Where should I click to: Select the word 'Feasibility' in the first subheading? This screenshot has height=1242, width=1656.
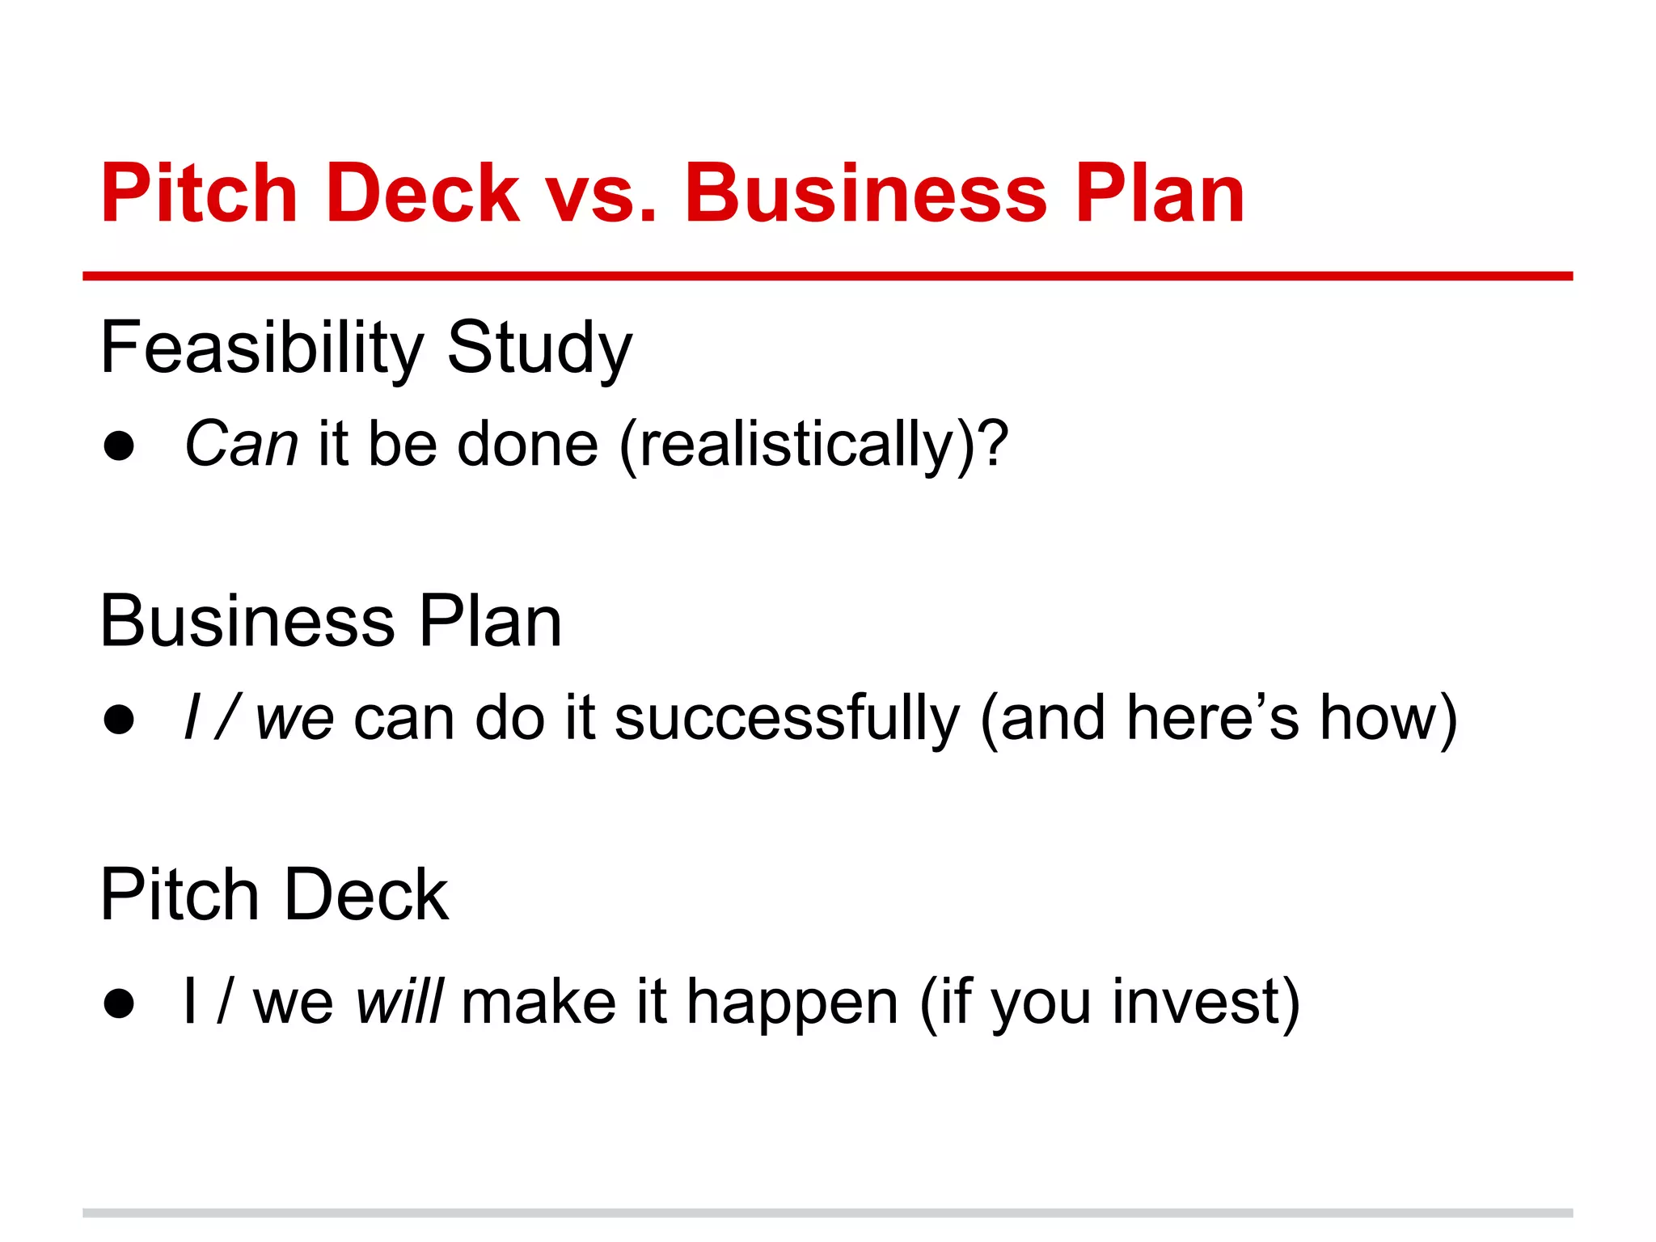point(261,349)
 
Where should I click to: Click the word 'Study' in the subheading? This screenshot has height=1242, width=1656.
point(539,349)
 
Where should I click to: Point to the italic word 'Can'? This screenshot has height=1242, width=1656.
point(241,445)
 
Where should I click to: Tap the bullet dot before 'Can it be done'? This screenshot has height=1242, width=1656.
point(119,446)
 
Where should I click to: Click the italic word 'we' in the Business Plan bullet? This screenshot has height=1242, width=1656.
point(294,719)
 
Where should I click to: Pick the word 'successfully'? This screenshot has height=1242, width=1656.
point(787,719)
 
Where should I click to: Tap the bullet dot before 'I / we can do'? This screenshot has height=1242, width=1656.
point(119,720)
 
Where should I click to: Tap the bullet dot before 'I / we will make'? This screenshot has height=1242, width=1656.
point(119,1003)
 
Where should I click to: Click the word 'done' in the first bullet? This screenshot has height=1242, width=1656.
point(527,445)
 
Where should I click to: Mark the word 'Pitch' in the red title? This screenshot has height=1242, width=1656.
point(199,194)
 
